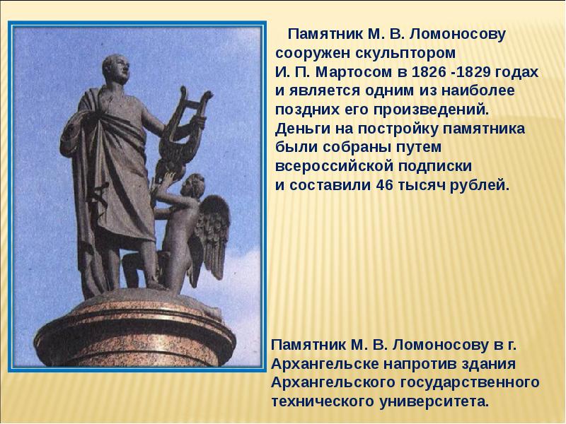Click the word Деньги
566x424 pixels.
pyautogui.click(x=299, y=129)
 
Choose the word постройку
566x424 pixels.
pyautogui.click(x=371, y=129)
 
